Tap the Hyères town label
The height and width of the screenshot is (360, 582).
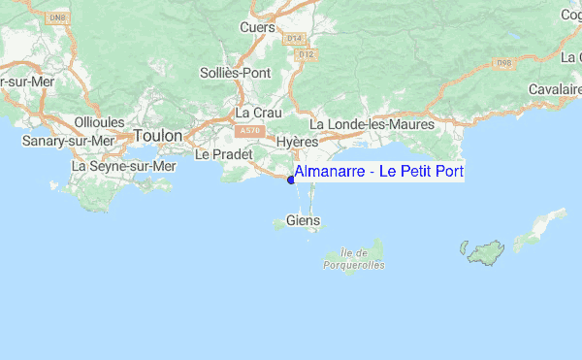(297, 142)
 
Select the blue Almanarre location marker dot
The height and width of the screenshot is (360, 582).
(291, 180)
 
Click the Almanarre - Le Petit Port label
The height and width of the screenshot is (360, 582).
(379, 172)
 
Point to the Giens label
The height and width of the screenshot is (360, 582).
(302, 221)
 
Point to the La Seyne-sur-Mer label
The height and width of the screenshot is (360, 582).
(124, 166)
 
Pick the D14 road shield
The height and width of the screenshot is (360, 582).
(296, 38)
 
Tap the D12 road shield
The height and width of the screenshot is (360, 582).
(307, 54)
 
